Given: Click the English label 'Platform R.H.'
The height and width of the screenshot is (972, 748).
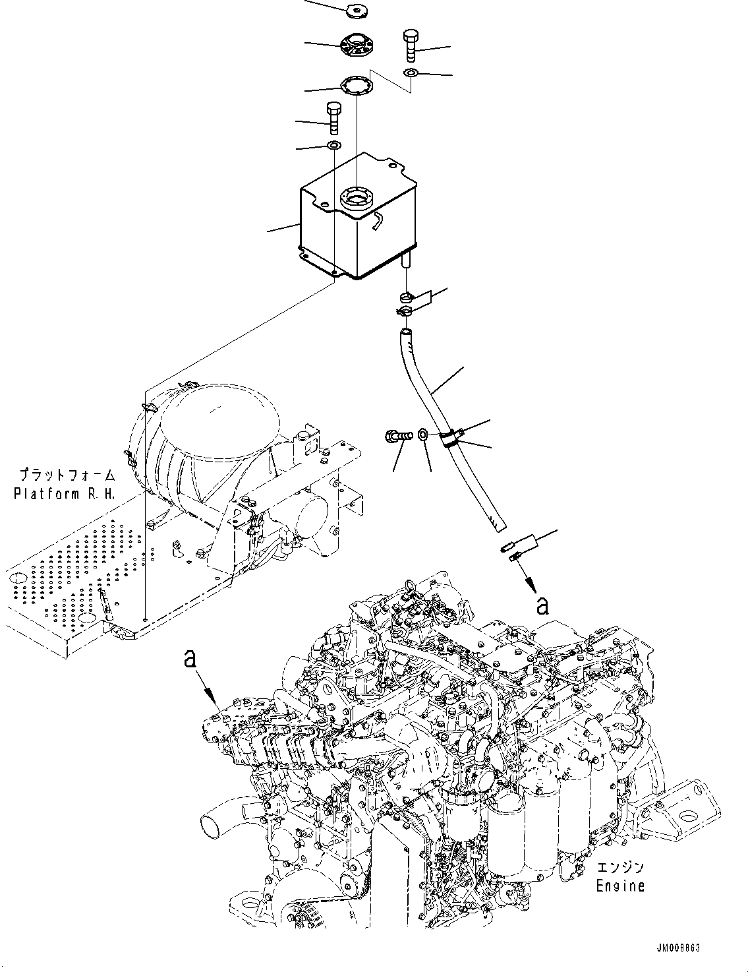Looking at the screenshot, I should click(x=65, y=493).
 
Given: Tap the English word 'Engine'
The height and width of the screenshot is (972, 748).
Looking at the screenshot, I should click(x=620, y=886).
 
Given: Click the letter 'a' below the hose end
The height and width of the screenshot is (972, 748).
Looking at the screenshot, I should click(x=542, y=605).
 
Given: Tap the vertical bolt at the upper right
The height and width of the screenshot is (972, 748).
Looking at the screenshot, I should click(x=411, y=44).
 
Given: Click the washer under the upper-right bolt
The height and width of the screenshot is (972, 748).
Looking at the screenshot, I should click(x=411, y=73).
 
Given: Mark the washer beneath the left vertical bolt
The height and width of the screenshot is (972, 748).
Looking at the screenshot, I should click(x=333, y=145).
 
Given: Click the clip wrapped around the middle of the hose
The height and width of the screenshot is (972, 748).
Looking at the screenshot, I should click(x=449, y=439).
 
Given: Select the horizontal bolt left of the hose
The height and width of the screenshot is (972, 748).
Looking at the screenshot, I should click(x=397, y=435).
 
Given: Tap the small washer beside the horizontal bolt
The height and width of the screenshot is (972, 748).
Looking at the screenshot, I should click(x=423, y=434).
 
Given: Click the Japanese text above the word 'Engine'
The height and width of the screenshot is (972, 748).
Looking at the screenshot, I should click(x=620, y=868).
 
